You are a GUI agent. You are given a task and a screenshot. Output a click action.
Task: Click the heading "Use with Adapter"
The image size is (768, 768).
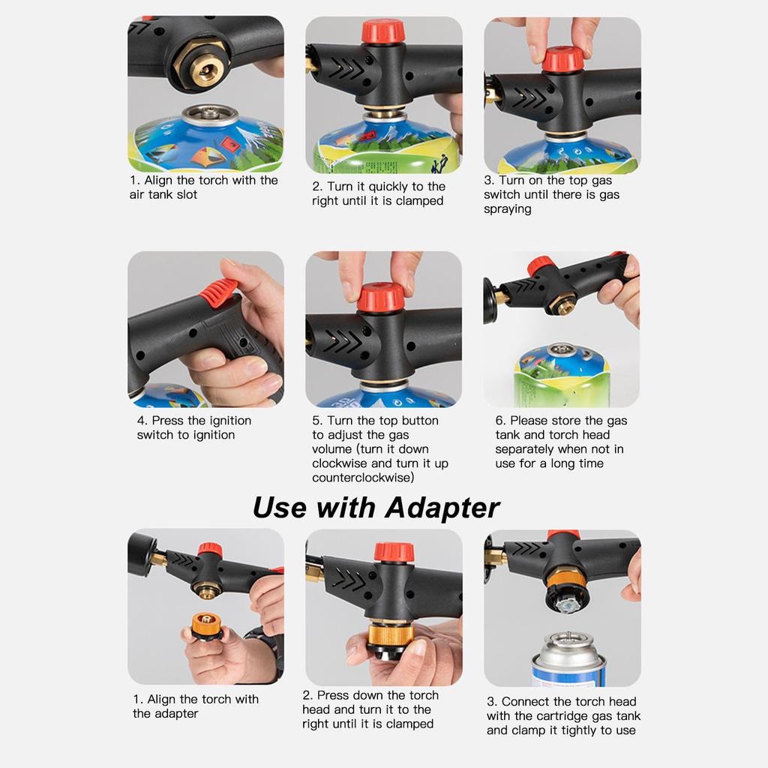376,508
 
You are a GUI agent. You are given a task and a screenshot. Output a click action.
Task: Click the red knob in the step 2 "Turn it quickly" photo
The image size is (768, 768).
383,31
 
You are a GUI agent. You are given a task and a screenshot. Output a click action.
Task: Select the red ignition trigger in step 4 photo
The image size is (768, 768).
220,293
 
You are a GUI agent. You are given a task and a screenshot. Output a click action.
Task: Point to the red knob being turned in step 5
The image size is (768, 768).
380,297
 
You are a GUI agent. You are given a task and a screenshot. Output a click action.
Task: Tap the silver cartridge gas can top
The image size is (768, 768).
568,644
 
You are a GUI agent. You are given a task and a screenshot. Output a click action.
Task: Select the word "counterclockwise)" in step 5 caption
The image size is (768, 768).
363,478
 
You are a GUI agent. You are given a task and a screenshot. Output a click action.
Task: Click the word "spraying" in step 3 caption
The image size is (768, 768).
508,209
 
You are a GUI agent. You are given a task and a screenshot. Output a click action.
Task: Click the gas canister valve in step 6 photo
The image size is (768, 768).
560,349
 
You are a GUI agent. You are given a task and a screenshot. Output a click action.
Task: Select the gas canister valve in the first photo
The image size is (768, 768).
209,115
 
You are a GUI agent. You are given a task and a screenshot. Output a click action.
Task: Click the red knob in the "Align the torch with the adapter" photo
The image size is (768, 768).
210,550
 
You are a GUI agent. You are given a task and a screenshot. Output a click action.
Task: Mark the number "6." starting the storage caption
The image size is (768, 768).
501,421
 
